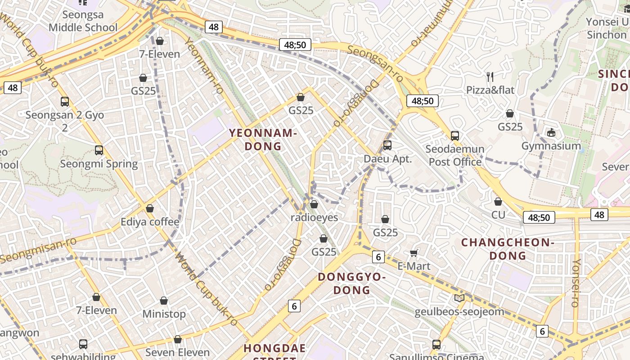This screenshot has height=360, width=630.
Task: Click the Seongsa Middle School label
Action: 83,21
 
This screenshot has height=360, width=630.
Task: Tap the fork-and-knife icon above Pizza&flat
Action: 490,77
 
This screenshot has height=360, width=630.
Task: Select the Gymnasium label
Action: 551,146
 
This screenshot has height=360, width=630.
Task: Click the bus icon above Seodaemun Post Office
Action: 455,135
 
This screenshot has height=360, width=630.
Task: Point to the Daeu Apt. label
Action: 387,159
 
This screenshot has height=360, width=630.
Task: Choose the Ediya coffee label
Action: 150,222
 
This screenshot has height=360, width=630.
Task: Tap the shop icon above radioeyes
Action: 314,204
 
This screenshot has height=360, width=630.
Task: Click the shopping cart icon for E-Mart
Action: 414,253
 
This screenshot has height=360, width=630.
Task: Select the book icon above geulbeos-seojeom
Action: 459,298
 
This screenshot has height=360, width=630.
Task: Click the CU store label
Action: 498,215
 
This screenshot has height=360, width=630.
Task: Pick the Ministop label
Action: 164,314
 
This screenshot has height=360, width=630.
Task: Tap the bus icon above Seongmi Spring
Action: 99,150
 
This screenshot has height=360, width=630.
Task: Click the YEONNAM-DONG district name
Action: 263,139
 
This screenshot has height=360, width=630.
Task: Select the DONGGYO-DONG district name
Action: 351,283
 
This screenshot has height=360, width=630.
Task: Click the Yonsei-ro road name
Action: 576,283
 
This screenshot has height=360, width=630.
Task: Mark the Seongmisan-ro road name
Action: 38,250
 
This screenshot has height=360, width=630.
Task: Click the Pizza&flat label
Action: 490,90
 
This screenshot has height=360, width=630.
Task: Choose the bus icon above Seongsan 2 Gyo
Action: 65,102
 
